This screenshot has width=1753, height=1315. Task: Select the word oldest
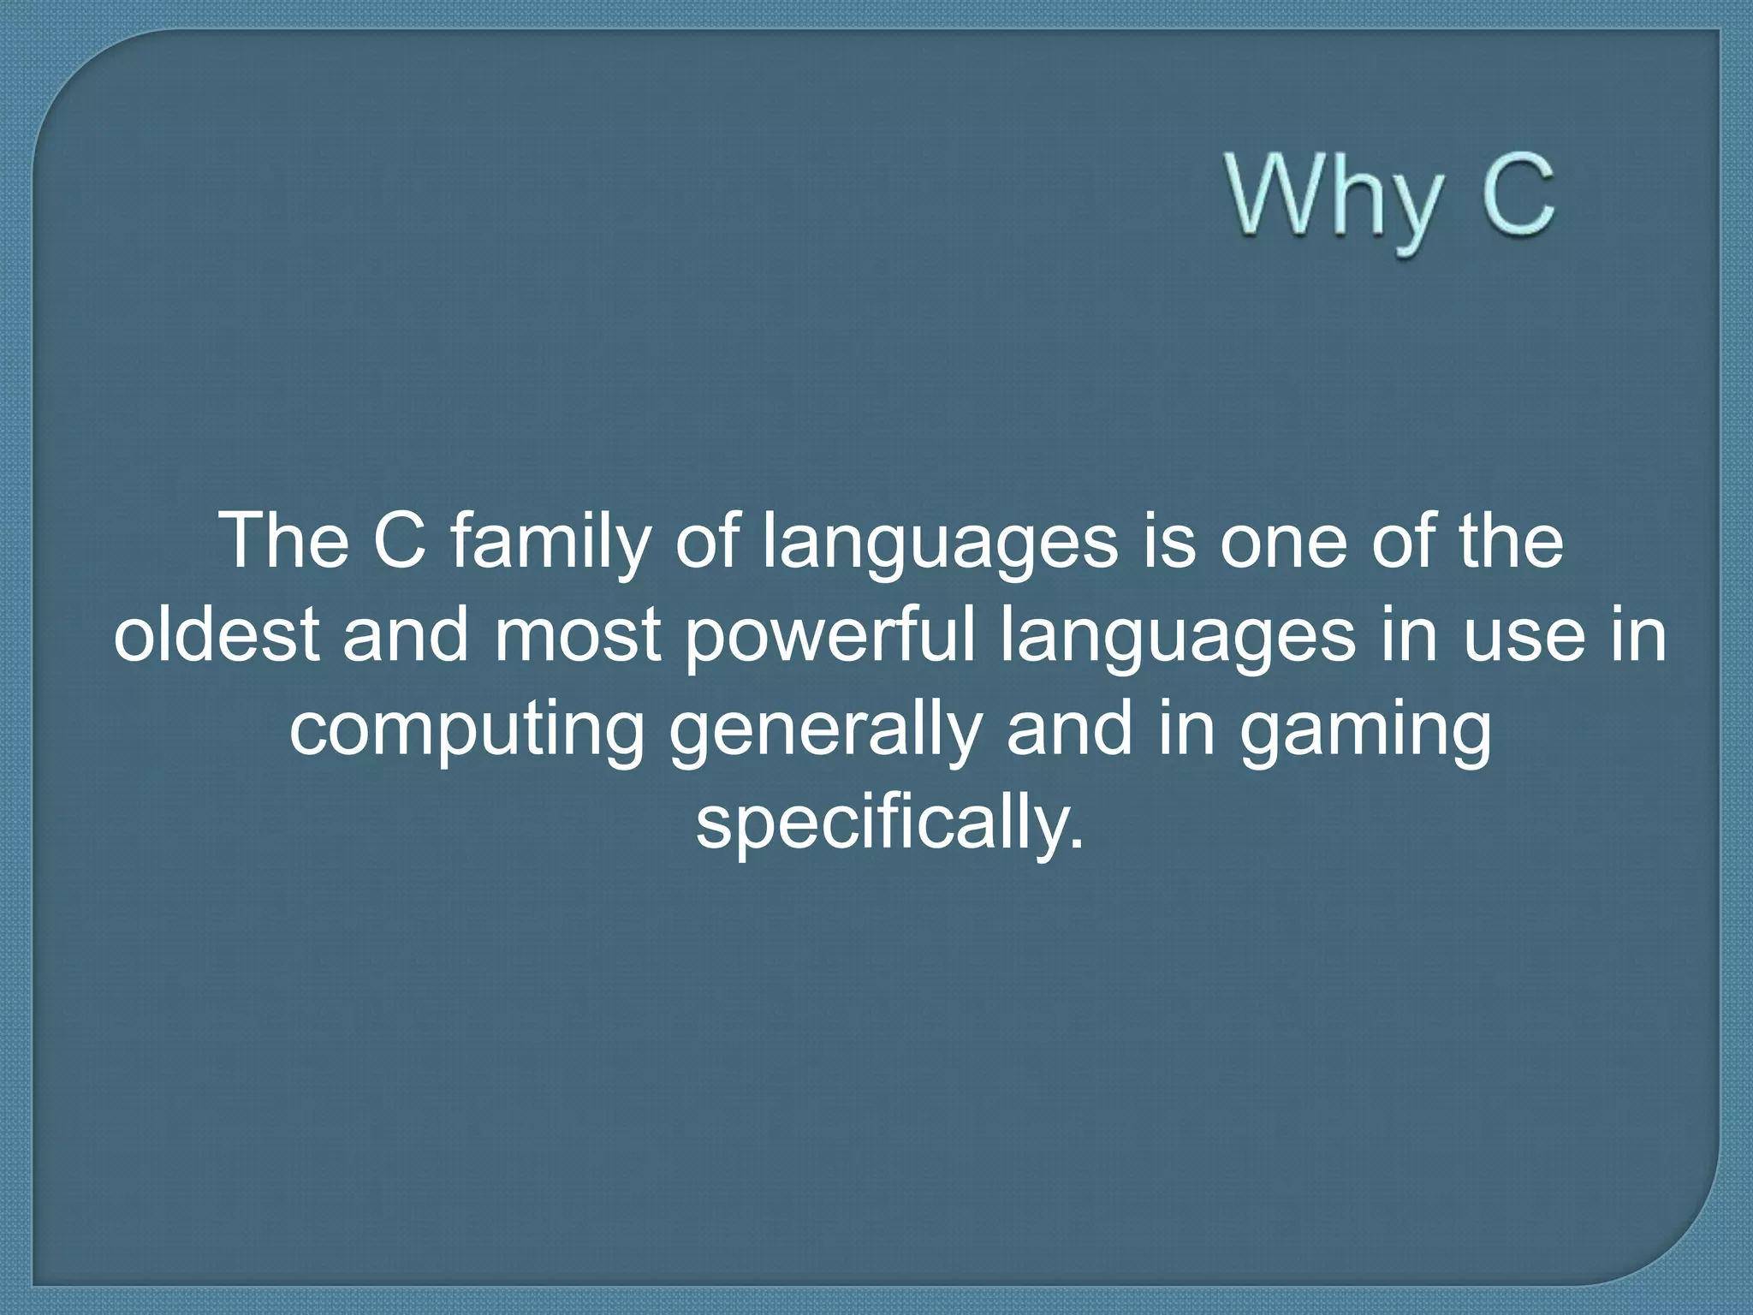(x=217, y=635)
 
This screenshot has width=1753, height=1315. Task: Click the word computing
(x=466, y=731)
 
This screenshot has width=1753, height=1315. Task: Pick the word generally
(x=823, y=731)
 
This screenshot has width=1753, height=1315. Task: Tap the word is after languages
(x=1168, y=543)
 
